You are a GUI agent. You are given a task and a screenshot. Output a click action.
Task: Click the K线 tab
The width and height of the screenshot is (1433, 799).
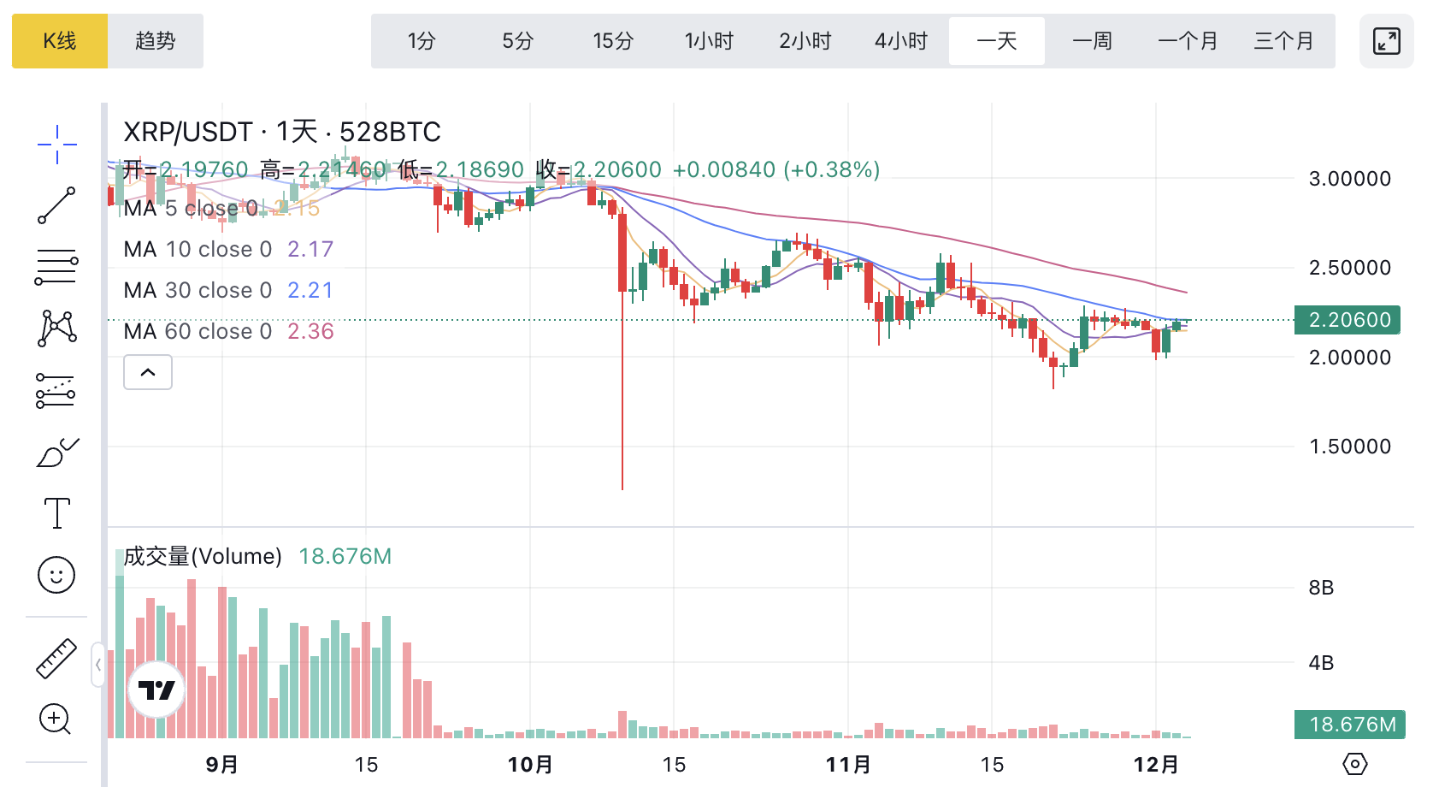pyautogui.click(x=60, y=41)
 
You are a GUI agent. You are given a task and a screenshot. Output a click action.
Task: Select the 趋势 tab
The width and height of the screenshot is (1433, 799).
pyautogui.click(x=156, y=41)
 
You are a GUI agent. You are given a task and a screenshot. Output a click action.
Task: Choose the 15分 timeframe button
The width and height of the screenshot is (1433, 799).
pyautogui.click(x=613, y=41)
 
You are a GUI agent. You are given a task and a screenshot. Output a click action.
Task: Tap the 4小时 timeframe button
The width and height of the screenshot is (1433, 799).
pyautogui.click(x=901, y=41)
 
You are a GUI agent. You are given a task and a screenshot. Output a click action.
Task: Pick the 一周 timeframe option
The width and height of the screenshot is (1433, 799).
pyautogui.click(x=1093, y=41)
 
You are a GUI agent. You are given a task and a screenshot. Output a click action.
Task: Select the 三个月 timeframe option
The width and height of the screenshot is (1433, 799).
pyautogui.click(x=1283, y=41)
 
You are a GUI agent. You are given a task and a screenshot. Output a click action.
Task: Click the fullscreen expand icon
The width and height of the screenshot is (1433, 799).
pyautogui.click(x=1386, y=41)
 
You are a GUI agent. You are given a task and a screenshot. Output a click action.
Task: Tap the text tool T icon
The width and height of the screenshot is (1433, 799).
pyautogui.click(x=56, y=513)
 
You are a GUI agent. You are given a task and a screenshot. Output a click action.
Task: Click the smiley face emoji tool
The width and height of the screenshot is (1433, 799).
pyautogui.click(x=56, y=575)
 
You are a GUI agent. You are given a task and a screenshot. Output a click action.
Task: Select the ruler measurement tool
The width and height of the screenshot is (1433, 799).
pyautogui.click(x=56, y=659)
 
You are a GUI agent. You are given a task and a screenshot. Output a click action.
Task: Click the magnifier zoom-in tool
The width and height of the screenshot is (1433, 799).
pyautogui.click(x=55, y=719)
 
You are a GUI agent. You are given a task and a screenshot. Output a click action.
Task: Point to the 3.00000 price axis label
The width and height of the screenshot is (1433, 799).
pyautogui.click(x=1350, y=179)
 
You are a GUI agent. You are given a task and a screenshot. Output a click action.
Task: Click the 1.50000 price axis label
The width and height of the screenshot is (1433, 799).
pyautogui.click(x=1350, y=447)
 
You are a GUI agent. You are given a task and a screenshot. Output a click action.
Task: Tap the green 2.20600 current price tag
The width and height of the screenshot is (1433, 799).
pyautogui.click(x=1348, y=320)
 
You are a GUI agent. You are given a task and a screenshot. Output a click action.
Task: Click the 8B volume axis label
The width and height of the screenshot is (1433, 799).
pyautogui.click(x=1321, y=588)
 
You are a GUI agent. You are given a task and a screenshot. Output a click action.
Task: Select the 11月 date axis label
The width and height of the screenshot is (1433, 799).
pyautogui.click(x=848, y=765)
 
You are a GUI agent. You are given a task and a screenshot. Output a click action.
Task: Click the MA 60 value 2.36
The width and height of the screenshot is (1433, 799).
pyautogui.click(x=310, y=332)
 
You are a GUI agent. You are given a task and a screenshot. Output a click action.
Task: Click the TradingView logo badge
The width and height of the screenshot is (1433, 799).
pyautogui.click(x=156, y=690)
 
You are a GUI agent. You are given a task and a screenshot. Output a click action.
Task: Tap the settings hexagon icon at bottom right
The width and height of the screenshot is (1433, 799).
pyautogui.click(x=1355, y=764)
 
